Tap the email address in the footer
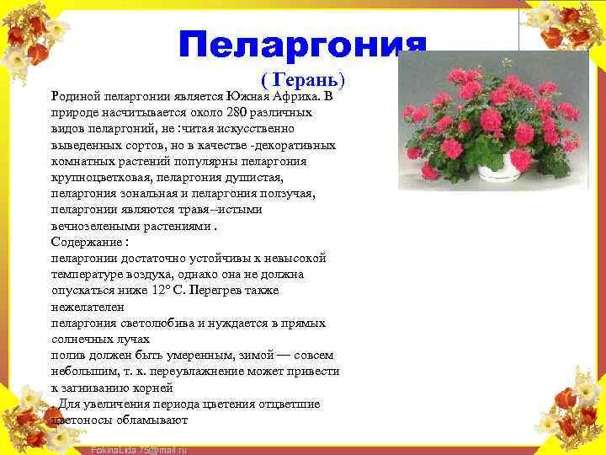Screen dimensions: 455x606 coord(138,450)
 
